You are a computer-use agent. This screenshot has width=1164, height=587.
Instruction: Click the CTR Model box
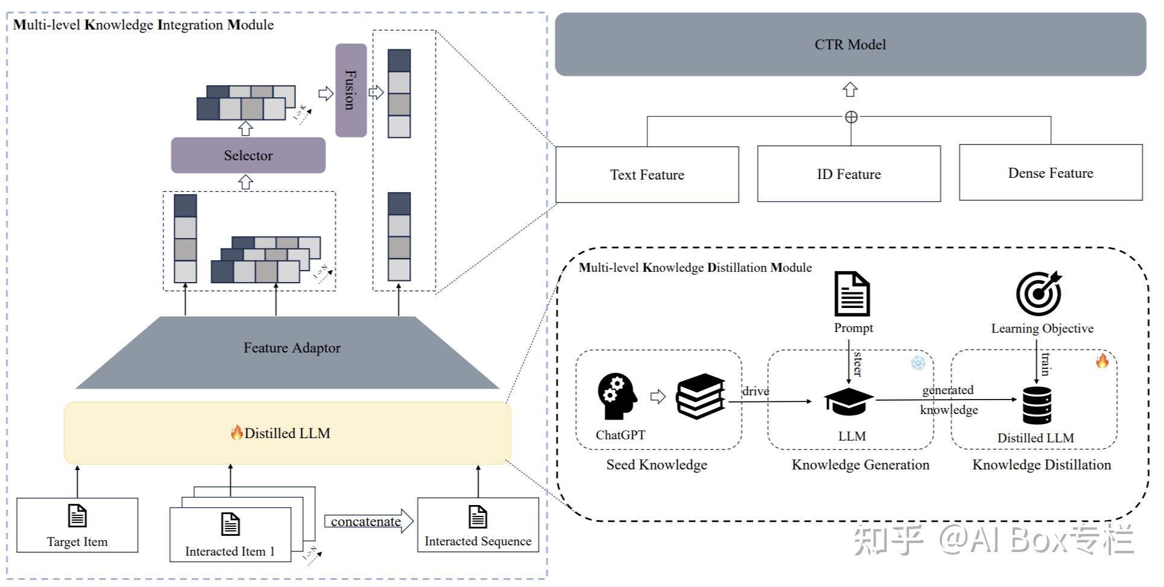(850, 45)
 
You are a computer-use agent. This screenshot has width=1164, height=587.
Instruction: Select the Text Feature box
(647, 175)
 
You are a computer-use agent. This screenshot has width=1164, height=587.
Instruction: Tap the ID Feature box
(849, 174)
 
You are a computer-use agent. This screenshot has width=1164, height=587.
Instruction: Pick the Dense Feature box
(1050, 173)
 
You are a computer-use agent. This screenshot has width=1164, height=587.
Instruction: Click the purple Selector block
(248, 155)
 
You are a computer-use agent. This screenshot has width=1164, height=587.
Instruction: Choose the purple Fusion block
(351, 90)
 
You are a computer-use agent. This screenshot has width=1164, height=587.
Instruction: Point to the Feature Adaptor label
(292, 348)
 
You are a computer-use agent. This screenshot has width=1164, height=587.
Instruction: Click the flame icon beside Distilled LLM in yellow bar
(236, 432)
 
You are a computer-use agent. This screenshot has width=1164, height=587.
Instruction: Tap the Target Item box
(77, 525)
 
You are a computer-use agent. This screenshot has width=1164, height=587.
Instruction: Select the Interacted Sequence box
(478, 525)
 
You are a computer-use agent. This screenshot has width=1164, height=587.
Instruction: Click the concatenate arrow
(368, 521)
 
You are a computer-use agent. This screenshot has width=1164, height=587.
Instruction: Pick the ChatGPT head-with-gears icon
(617, 396)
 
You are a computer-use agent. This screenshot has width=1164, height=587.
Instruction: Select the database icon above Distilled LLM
(1037, 405)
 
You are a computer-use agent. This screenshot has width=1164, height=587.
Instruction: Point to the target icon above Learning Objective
(1039, 293)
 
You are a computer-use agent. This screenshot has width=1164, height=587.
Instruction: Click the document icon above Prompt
(852, 294)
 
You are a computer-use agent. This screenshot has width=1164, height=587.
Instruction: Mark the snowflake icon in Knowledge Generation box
(918, 363)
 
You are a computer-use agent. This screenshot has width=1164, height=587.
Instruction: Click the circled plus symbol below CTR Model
(851, 118)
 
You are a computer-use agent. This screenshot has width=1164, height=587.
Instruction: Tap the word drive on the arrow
(755, 391)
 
